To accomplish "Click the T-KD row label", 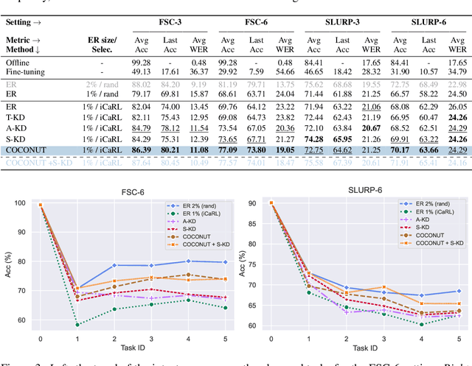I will (16, 117).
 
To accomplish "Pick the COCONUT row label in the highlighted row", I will (27, 149).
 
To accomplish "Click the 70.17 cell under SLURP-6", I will (393, 149).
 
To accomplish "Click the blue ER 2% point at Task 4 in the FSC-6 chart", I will (167, 261).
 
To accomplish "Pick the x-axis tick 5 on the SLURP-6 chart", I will (459, 339).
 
